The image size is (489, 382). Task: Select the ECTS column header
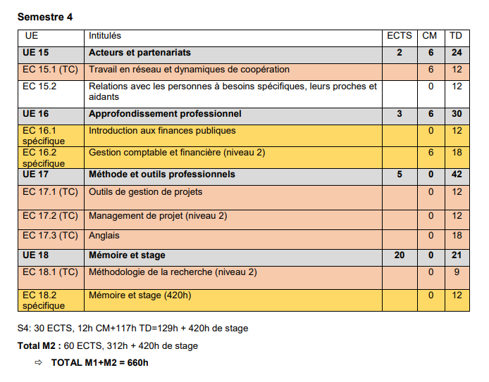(400, 36)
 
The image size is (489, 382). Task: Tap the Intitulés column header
(105, 36)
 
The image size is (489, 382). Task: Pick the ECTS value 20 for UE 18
(400, 255)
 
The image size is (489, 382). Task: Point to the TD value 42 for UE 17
(457, 174)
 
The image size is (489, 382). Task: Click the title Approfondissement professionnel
(165, 114)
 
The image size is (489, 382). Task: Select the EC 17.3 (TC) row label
(50, 236)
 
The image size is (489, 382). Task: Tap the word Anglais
(104, 236)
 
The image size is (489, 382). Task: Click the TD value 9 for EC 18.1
(457, 272)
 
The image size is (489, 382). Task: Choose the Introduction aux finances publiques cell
(162, 131)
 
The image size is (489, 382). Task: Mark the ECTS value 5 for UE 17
(400, 174)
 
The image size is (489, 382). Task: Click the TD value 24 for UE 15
(457, 53)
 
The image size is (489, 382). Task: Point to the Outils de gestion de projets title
(145, 191)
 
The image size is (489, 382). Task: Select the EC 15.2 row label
(39, 87)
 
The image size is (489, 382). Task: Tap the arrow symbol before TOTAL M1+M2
(39, 363)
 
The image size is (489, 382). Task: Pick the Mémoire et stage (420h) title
(140, 295)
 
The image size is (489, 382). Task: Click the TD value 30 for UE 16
(457, 114)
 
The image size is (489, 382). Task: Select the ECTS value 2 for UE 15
(400, 53)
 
